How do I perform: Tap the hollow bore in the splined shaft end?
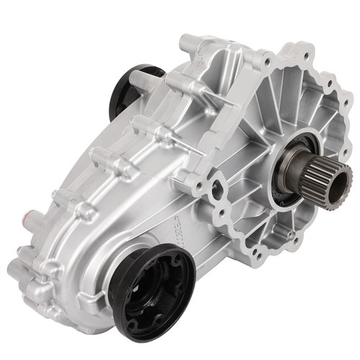[x=340, y=176]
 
